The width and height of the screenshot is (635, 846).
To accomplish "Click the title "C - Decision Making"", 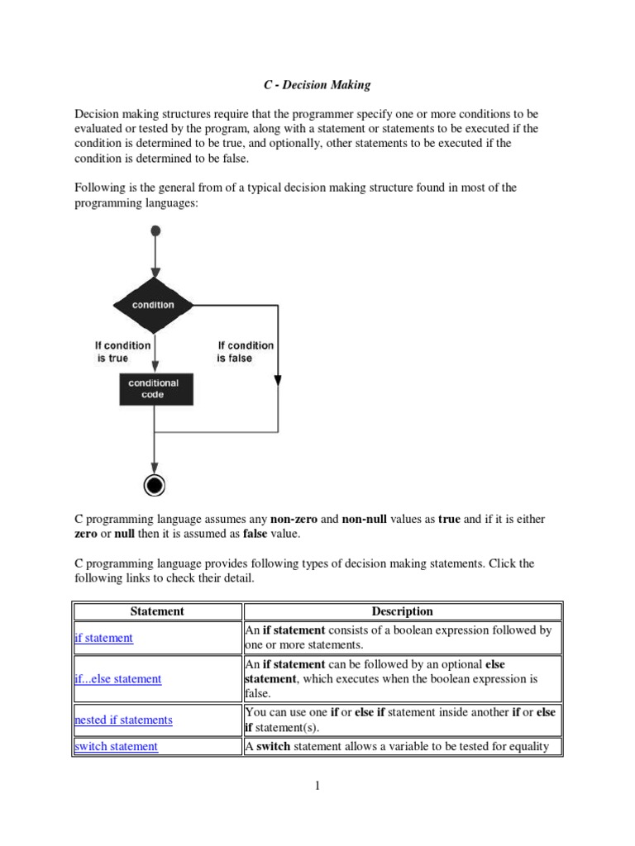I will tap(317, 84).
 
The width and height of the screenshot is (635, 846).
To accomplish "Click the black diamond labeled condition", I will tap(154, 305).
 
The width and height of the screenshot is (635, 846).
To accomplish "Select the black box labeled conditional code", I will tap(154, 388).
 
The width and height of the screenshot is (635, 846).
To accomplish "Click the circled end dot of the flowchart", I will tap(154, 485).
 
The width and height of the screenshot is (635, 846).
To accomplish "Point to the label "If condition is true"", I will tap(123, 352).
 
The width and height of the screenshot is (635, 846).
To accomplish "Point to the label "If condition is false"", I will tap(245, 352).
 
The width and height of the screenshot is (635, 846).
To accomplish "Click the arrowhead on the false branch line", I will tap(277, 380).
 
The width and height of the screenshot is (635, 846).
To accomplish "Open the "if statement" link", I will tap(103, 638).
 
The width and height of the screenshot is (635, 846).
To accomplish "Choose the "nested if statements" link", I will tap(123, 720).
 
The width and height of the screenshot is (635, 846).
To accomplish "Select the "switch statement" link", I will tap(116, 747).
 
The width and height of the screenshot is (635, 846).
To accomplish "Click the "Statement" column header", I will tap(157, 611).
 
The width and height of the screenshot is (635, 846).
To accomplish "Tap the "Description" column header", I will tap(402, 611).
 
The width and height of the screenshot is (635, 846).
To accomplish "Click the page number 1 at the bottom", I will tap(317, 786).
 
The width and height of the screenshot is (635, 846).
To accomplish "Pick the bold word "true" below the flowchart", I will tap(449, 520).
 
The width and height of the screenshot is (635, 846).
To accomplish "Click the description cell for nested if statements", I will tap(402, 720).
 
